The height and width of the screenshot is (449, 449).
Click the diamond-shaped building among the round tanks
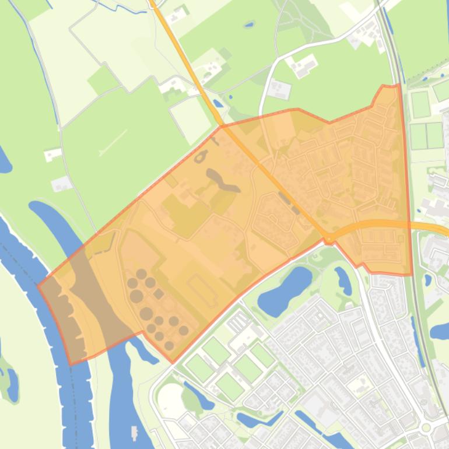pos(158,293)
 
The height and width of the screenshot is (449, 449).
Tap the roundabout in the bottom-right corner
pos(426,427)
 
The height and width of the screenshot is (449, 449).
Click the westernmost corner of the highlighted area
pos(38,285)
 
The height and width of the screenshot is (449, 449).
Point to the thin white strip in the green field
pos(113,143)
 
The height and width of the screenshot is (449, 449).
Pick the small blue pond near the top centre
pos(249,25)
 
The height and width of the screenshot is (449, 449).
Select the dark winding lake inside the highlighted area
pos(222,181)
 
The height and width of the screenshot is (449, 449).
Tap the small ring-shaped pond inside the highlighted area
pos(201,157)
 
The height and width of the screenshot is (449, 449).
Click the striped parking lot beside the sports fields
pos(239,321)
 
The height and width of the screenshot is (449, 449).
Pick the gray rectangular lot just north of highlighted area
pos(280,90)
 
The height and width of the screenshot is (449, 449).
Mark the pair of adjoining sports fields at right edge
pos(426,135)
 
